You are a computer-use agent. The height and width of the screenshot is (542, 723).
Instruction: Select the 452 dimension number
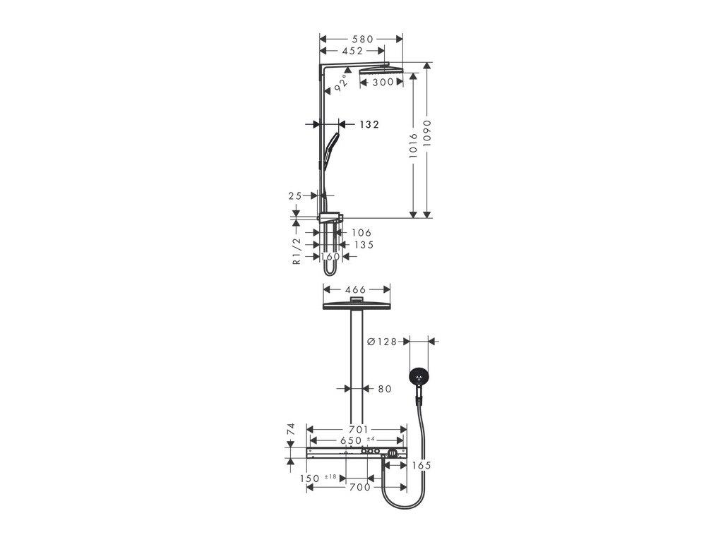point(352,51)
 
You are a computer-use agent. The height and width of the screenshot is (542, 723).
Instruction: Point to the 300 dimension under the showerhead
point(383,83)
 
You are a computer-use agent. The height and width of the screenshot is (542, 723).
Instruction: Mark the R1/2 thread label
point(297,250)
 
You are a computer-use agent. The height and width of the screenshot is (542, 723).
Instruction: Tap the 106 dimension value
point(361,232)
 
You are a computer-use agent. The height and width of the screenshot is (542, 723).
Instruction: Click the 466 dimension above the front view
point(357,289)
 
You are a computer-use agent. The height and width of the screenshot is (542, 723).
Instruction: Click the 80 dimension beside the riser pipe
point(384,388)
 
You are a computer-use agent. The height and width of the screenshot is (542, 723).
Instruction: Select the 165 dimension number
point(422,466)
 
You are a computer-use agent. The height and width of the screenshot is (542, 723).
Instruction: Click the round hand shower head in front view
point(419,378)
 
